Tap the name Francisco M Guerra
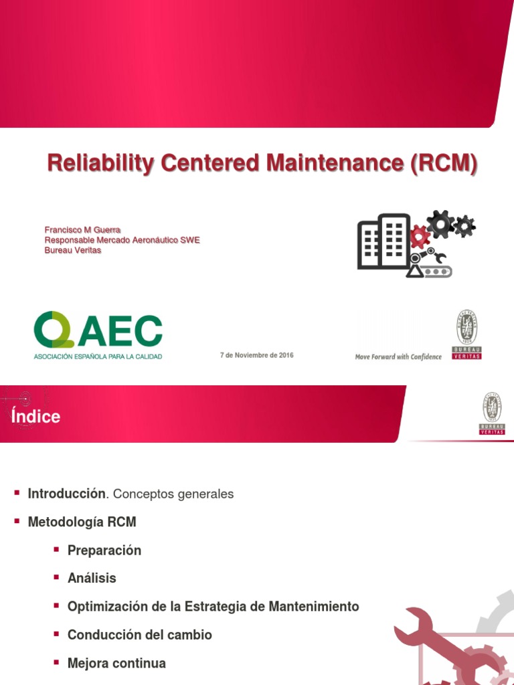point(82,230)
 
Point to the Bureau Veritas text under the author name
point(73,250)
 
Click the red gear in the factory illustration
point(419,235)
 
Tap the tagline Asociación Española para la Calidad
point(98,357)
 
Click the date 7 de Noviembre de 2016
point(256,355)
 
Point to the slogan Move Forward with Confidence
point(398,357)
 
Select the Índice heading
point(35,417)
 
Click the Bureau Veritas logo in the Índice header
point(492,413)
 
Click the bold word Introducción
point(67,494)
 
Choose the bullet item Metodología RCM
point(82,522)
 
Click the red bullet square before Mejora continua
point(57,662)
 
